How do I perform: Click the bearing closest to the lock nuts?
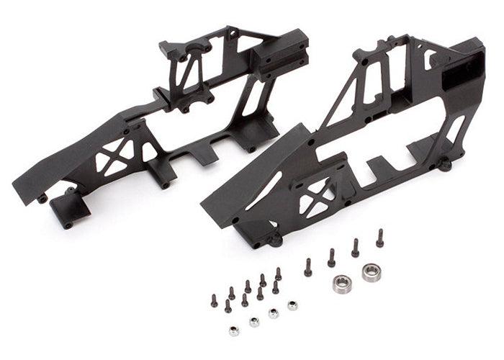[343, 282]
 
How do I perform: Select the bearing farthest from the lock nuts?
[372, 272]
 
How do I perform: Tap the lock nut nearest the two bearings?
[293, 305]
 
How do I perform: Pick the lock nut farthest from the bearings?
[234, 330]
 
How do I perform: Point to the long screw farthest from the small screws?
[379, 238]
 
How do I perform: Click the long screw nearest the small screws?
[308, 266]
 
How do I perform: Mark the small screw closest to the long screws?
[278, 274]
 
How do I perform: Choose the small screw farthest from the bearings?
[214, 301]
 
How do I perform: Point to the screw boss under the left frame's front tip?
[43, 197]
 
